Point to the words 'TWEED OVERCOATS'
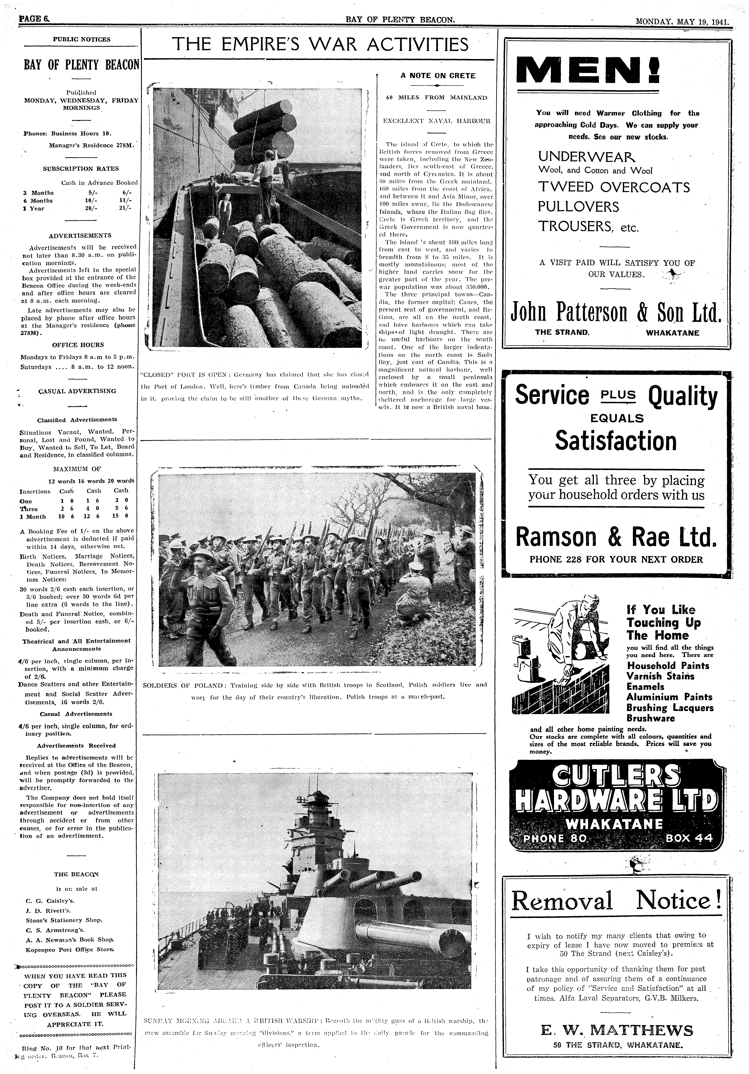614,188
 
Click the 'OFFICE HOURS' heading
78,345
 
